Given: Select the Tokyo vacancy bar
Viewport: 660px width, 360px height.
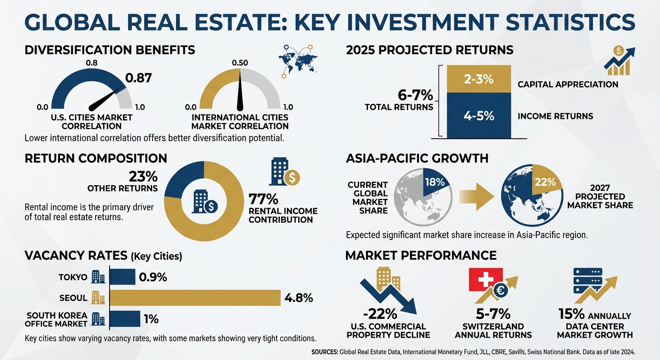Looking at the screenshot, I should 122,277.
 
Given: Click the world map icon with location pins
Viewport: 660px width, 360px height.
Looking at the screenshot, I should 298,61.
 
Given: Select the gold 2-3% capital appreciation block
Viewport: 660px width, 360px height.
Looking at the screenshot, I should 479,79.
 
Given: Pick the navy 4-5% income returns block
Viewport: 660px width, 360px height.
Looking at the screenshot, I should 479,115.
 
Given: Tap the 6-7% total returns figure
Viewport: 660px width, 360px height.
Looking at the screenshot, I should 415,96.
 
